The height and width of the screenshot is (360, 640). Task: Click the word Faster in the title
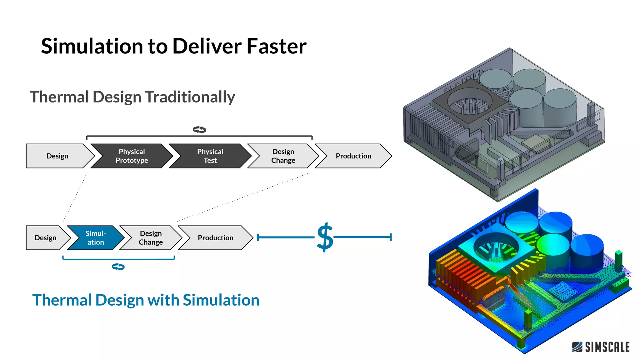point(276,46)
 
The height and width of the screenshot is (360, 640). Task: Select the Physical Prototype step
point(132,156)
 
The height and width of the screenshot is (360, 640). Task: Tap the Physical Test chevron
point(210,156)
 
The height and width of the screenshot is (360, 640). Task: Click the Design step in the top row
point(57,156)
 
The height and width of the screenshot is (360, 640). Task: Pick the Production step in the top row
point(353,156)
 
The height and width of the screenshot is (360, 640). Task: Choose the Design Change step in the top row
point(283,156)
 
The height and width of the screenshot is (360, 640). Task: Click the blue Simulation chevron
point(96,238)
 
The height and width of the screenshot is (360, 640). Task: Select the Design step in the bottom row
point(46,238)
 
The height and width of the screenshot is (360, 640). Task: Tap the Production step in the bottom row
point(215,238)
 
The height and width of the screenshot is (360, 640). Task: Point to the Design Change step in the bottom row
point(151,238)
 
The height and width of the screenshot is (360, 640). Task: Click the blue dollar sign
point(325,237)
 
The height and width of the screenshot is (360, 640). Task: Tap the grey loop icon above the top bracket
point(199,129)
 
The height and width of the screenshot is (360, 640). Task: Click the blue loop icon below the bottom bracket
point(118,267)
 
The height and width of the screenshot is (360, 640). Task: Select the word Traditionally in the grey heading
point(190,97)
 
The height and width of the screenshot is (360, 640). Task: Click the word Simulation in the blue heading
point(221,300)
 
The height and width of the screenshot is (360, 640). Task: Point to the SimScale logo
point(601,347)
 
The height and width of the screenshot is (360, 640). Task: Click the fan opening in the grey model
point(469,102)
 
